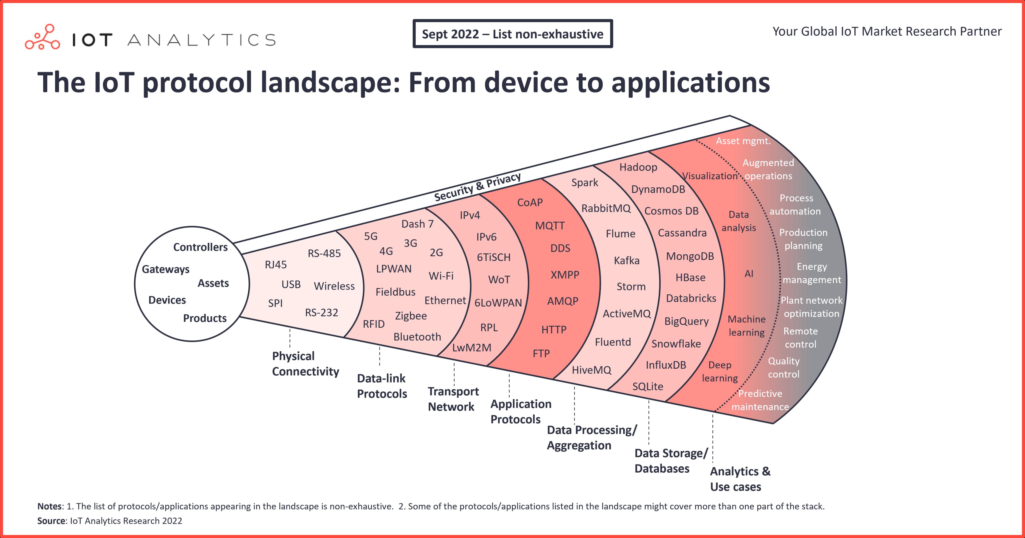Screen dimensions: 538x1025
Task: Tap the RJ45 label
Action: (276, 265)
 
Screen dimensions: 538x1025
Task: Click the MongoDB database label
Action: (690, 256)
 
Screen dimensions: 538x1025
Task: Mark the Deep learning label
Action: (719, 371)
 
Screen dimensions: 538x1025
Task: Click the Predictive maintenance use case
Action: (760, 400)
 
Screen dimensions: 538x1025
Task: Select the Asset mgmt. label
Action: (743, 141)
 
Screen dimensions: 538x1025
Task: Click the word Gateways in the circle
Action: (166, 269)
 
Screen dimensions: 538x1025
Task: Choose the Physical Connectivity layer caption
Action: (305, 364)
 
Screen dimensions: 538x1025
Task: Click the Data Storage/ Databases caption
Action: (671, 461)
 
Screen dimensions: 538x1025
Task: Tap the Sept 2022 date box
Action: (512, 34)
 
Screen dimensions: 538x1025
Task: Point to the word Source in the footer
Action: (51, 521)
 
